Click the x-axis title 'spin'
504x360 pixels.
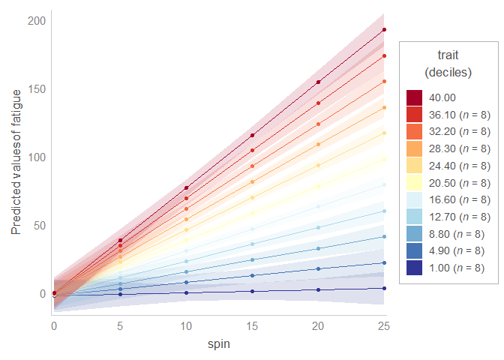pos(219,344)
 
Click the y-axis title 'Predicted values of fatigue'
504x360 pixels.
pos(16,164)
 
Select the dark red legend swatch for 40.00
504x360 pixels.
pos(415,97)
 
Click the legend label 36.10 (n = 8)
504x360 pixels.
pos(459,115)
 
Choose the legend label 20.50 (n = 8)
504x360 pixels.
pos(459,182)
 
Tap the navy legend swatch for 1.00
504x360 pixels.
pos(415,268)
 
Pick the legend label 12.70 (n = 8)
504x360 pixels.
pos(459,217)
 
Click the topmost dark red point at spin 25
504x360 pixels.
pos(384,30)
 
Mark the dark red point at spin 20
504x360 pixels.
pos(318,82)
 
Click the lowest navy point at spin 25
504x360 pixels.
pos(384,288)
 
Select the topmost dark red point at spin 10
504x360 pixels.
pos(186,187)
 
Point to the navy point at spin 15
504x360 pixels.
pos(252,291)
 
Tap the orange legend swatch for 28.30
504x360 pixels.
pos(415,148)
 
